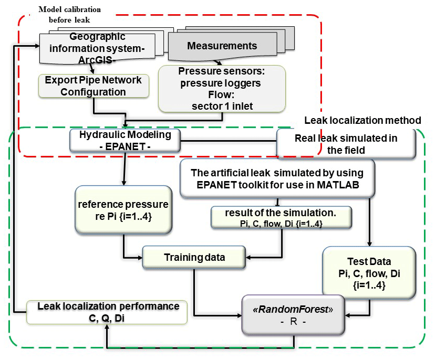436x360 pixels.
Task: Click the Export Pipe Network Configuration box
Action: coord(93,86)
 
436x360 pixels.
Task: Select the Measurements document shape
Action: coord(222,47)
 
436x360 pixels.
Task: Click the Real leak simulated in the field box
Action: coord(344,143)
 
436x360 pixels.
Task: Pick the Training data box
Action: coord(194,257)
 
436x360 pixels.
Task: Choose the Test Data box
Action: coord(369,272)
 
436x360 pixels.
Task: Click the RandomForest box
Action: coord(287,313)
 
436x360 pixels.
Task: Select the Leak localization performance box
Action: coord(107,311)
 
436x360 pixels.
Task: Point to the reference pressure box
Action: coord(123,208)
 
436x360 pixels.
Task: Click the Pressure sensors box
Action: coord(222,89)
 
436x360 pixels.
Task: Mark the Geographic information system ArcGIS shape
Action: coord(97,47)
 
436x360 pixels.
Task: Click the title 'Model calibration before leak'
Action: coord(70,15)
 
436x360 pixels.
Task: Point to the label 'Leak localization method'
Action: coord(363,121)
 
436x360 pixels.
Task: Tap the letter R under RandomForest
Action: coord(287,321)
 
